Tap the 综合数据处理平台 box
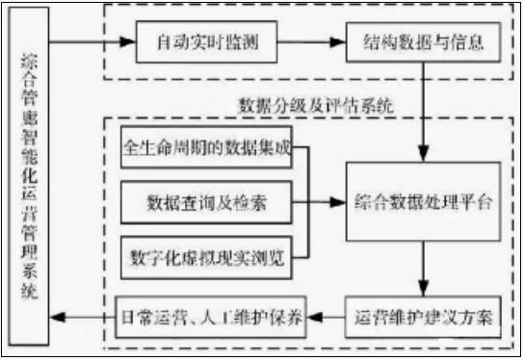pyautogui.click(x=424, y=202)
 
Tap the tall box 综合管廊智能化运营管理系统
pyautogui.click(x=26, y=178)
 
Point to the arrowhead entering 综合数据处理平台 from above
pyautogui.click(x=424, y=154)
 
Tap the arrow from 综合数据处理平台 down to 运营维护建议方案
pyautogui.click(x=424, y=270)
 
